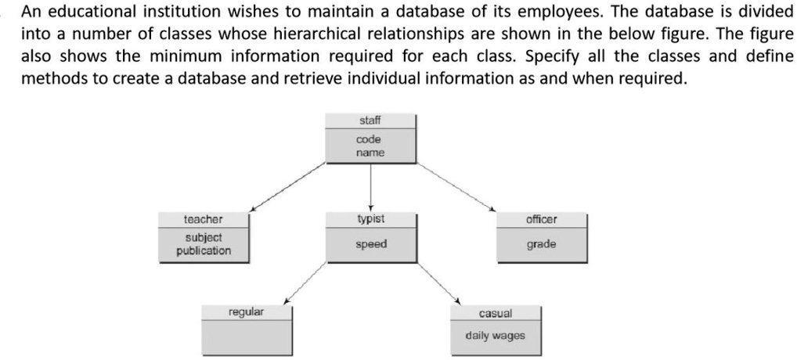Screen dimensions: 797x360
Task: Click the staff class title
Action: (370, 121)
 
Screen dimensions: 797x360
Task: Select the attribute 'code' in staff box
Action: (369, 139)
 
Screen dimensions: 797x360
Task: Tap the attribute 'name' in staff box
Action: (370, 153)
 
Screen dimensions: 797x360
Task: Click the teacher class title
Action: (204, 219)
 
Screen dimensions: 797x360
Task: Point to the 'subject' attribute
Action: (204, 238)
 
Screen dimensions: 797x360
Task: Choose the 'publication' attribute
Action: (204, 251)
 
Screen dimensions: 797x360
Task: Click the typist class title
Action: (370, 219)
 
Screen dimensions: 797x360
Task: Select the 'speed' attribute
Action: (371, 244)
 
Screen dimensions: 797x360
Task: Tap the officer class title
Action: (541, 219)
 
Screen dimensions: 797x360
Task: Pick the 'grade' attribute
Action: (541, 244)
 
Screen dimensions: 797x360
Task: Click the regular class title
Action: (247, 311)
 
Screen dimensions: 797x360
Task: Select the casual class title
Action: (496, 314)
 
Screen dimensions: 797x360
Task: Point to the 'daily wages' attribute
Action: (496, 336)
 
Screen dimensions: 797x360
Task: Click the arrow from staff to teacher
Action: (287, 185)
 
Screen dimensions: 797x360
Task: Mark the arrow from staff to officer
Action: (456, 186)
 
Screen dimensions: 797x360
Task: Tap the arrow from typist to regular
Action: (305, 283)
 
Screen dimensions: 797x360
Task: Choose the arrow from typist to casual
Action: (438, 284)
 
